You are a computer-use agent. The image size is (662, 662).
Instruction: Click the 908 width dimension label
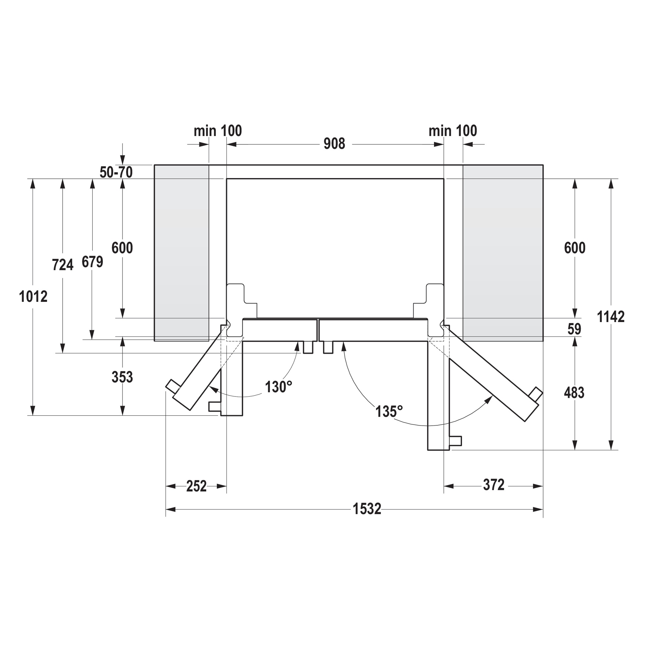click(x=334, y=144)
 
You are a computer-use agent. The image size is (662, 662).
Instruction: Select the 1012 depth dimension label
click(x=33, y=296)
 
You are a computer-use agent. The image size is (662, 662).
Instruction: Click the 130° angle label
click(x=279, y=387)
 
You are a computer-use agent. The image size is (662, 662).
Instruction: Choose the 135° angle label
click(x=389, y=411)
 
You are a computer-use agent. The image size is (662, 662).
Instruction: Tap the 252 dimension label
click(x=196, y=486)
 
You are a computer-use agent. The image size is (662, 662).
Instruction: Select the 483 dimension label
click(x=574, y=393)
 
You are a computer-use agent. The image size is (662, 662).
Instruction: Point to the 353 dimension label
click(x=122, y=377)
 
